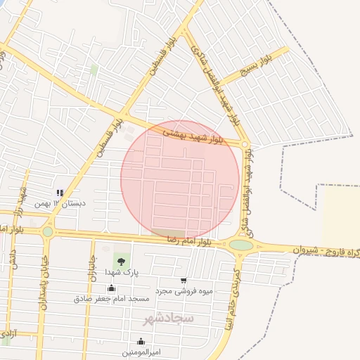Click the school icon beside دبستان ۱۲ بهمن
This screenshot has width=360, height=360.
click(60, 192)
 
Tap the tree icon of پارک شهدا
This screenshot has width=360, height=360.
click(122, 261)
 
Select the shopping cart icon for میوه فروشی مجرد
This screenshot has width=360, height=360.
click(184, 281)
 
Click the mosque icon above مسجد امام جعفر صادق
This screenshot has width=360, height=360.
click(110, 288)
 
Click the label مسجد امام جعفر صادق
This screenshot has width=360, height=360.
click(112, 299)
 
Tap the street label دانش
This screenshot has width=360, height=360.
click(12, 259)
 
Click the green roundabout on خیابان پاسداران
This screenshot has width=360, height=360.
click(48, 231)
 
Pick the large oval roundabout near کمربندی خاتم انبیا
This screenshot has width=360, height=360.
click(241, 245)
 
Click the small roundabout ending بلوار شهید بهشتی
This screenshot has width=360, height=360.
click(245, 145)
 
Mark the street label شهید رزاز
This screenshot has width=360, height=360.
click(23, 200)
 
